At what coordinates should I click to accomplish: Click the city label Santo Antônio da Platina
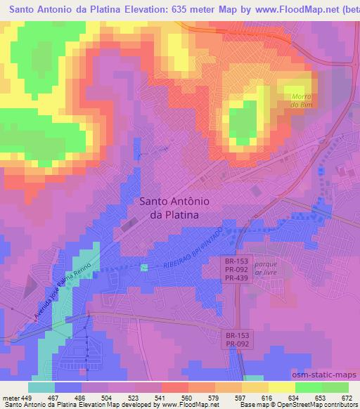pos(170,207)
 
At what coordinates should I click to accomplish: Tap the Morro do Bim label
pos(302,100)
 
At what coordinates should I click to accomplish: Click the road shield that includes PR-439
pos(233,269)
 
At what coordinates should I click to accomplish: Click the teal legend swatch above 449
pos(41,387)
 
